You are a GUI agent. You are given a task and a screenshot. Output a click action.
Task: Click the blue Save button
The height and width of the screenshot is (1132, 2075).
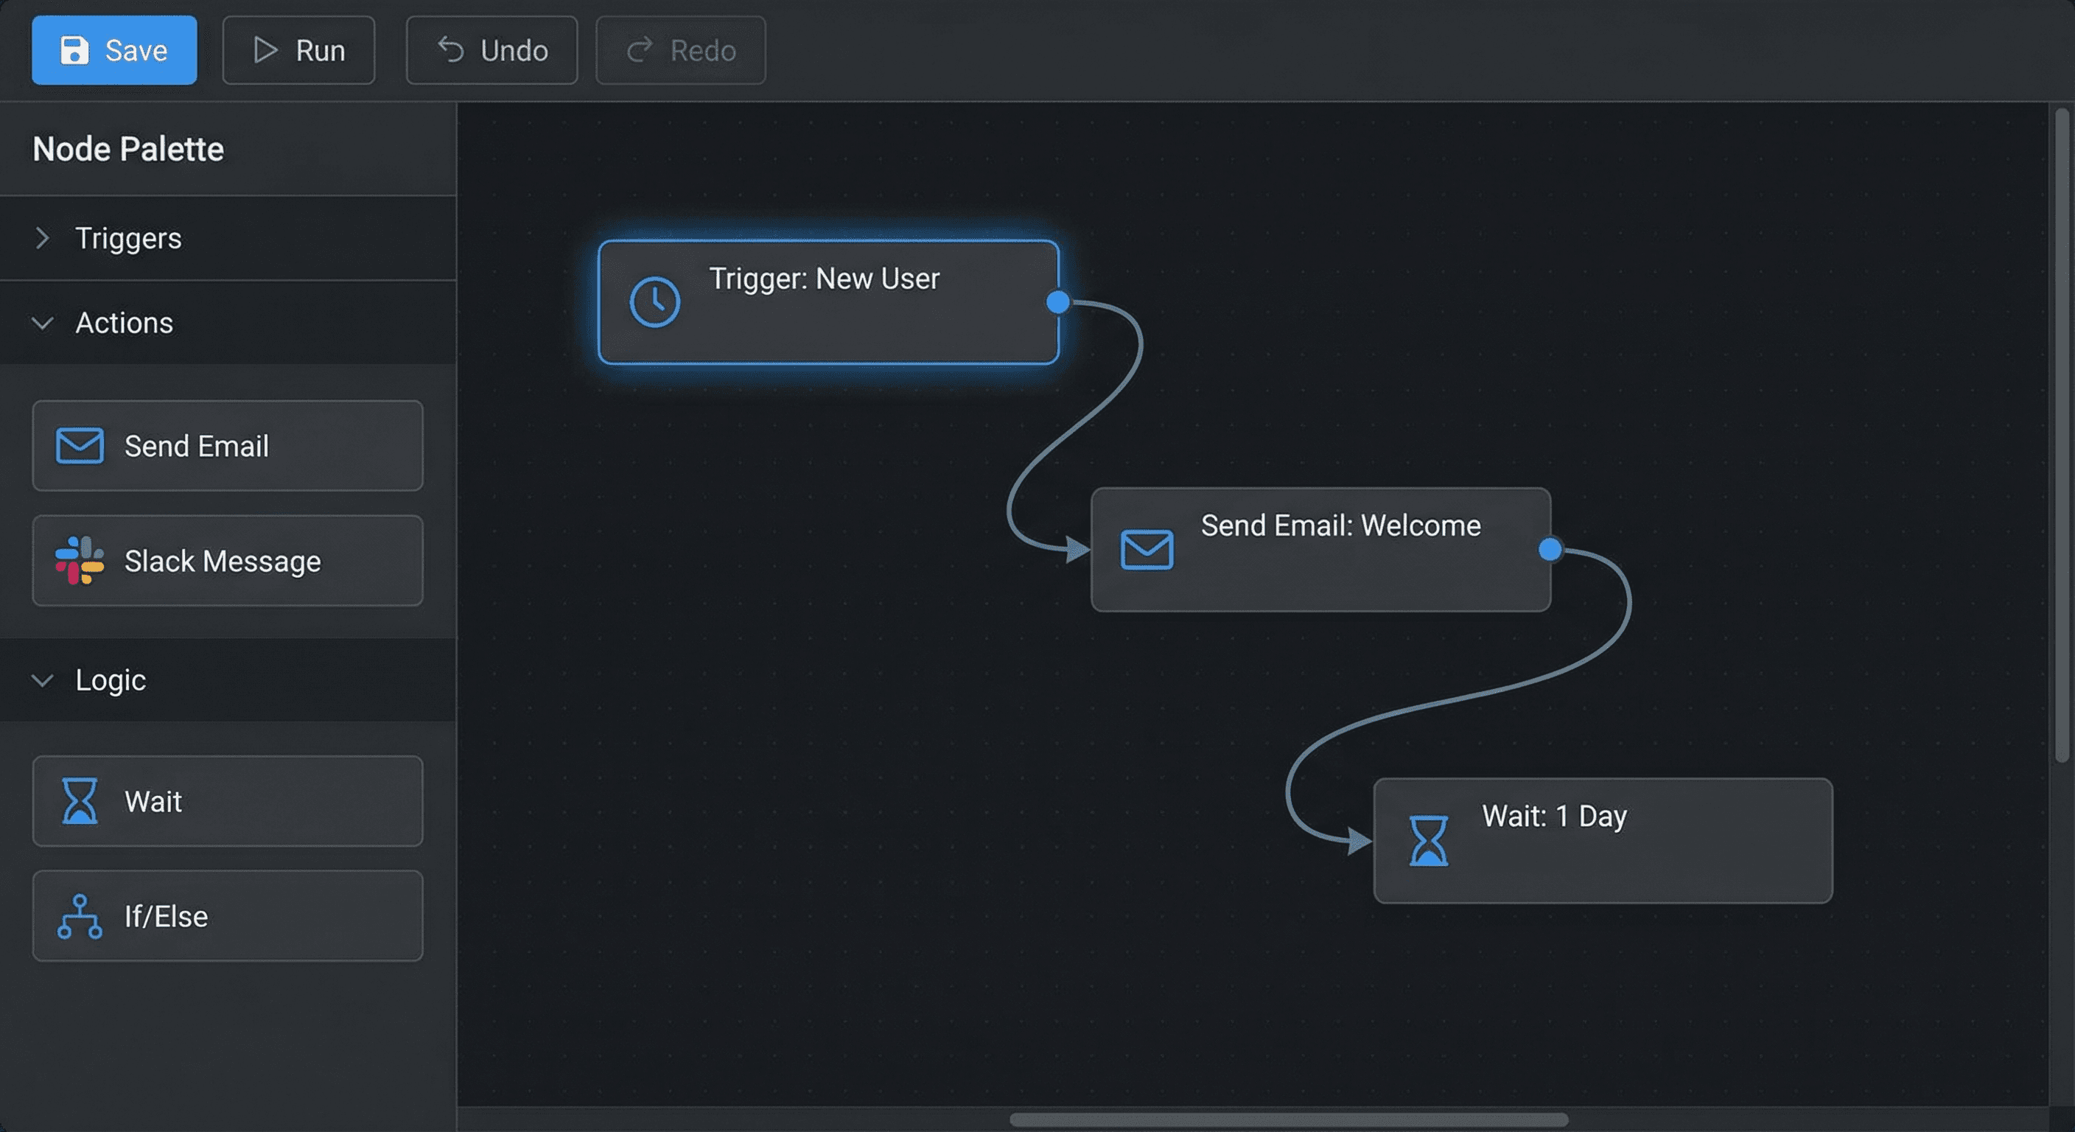pos(113,50)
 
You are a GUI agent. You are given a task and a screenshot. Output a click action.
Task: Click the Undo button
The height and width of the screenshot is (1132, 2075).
pos(491,50)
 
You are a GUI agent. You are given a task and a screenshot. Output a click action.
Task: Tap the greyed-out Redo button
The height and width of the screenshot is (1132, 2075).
pos(680,50)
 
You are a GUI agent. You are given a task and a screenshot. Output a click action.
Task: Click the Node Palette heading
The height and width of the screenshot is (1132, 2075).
pos(128,149)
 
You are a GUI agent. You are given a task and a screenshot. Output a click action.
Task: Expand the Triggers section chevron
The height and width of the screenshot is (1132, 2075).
pos(42,239)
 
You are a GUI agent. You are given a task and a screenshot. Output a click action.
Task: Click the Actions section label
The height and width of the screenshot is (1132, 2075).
pos(124,323)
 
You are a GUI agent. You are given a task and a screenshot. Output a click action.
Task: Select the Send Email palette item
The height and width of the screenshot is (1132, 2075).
pos(227,446)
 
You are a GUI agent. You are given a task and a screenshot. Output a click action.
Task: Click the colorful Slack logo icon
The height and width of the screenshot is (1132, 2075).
pos(79,561)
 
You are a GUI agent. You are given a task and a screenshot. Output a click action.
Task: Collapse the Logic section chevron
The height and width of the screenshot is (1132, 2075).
pos(42,681)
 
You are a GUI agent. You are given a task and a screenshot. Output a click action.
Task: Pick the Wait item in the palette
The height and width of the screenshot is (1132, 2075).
pos(227,801)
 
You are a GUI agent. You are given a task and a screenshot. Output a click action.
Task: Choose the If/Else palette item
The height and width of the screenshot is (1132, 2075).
pos(227,916)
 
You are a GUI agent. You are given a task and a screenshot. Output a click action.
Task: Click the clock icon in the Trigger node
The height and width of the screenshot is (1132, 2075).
pos(654,302)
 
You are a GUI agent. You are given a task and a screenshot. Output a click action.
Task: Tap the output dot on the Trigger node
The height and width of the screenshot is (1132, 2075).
pos(1057,302)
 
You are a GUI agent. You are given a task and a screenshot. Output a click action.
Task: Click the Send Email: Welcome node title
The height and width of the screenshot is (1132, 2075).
pos(1340,525)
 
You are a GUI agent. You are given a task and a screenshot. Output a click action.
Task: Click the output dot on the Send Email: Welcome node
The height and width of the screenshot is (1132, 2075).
pos(1550,550)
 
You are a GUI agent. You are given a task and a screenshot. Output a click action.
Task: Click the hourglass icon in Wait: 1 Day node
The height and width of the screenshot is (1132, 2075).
pos(1428,840)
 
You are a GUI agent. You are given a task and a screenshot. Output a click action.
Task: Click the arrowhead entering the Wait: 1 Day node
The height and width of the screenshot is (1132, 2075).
pos(1359,841)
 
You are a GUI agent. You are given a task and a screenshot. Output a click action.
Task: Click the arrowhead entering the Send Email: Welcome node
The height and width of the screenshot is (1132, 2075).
pos(1077,551)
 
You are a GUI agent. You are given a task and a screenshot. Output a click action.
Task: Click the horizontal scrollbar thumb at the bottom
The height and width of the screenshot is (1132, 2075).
pos(1288,1120)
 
